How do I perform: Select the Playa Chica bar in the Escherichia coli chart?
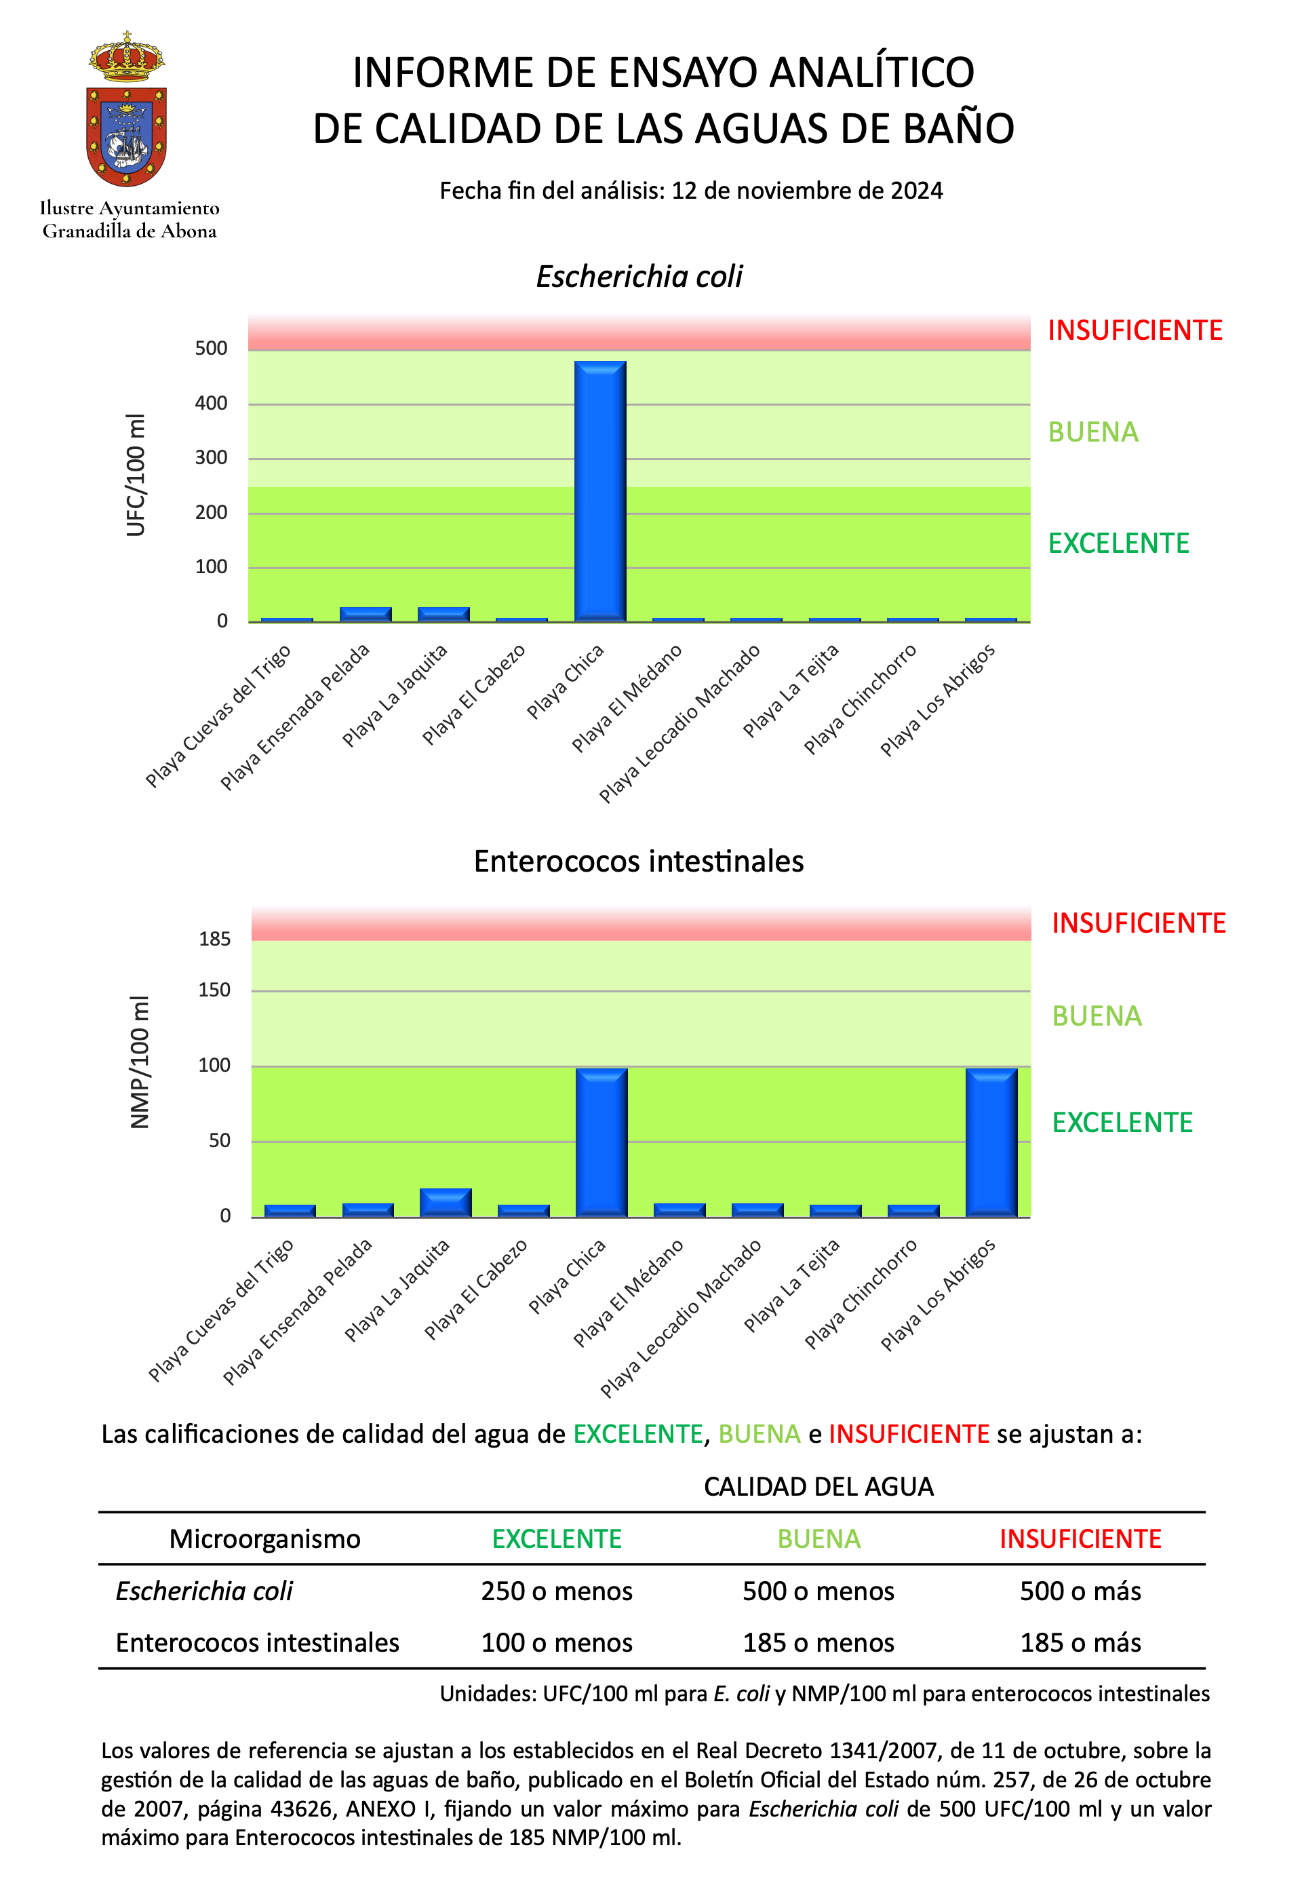point(599,490)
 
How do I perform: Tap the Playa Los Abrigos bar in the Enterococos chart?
point(991,1142)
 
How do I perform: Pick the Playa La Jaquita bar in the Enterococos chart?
point(446,1202)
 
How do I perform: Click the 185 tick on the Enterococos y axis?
point(214,939)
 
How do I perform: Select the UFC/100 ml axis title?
point(136,475)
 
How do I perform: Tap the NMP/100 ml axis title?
point(140,1062)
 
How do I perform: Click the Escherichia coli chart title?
point(639,277)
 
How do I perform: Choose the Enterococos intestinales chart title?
point(639,861)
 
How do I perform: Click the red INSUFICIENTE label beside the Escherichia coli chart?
point(1135,330)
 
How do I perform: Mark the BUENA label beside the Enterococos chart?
point(1097,1016)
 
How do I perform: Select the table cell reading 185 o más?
point(1080,1642)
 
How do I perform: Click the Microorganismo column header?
point(264,1538)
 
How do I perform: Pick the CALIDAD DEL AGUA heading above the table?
point(818,1487)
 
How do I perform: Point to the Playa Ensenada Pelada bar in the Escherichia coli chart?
point(366,614)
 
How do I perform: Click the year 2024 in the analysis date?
point(916,190)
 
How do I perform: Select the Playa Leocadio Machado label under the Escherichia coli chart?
point(679,724)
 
